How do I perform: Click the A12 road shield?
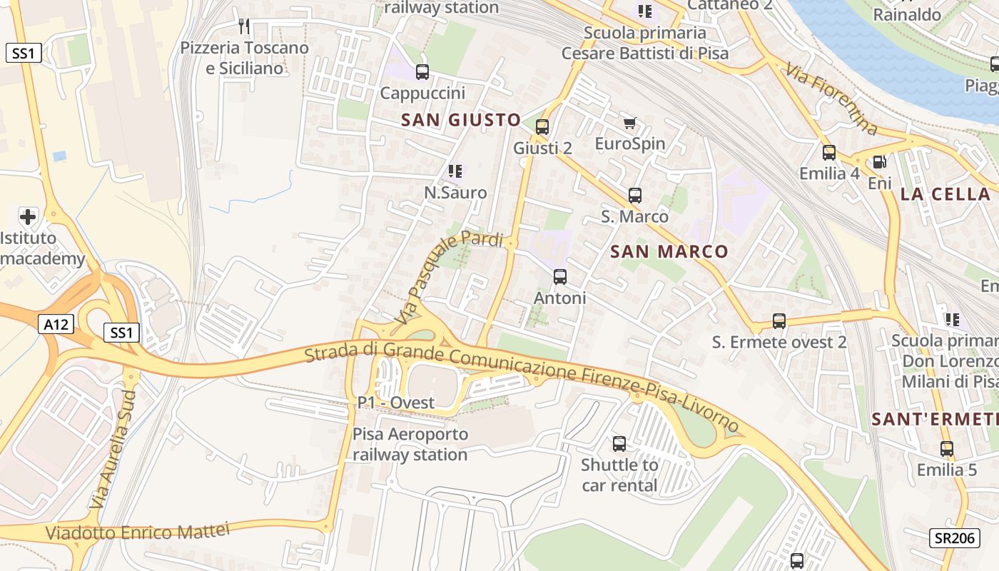(56, 325)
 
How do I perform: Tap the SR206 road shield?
(954, 538)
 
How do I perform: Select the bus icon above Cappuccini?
(422, 71)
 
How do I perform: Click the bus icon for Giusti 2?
(542, 127)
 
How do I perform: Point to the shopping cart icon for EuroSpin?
(629, 123)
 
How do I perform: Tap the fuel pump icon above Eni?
(880, 162)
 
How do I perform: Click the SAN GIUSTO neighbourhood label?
(460, 120)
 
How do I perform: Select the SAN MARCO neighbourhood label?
(669, 251)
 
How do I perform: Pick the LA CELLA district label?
(945, 194)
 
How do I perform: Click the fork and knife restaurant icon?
(244, 26)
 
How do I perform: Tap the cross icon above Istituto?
(28, 216)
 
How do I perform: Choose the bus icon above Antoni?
(560, 277)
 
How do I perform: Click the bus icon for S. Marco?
(635, 195)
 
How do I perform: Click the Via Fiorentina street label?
(832, 99)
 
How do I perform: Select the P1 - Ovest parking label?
(396, 403)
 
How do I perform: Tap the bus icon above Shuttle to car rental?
(619, 444)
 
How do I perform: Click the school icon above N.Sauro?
(455, 171)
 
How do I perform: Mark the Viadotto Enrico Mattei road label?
(138, 532)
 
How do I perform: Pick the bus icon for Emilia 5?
(947, 449)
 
